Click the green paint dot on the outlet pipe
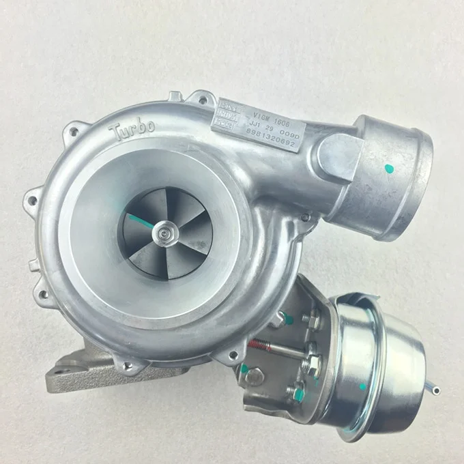point(390,168)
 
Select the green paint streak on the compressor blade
point(140,222)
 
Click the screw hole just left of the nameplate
point(203,101)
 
